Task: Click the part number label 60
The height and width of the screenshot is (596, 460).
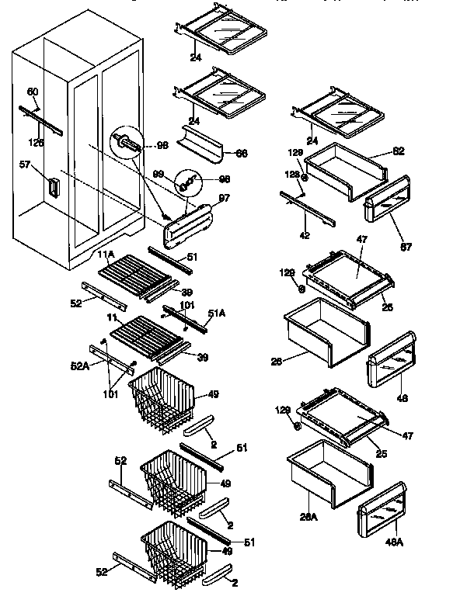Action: point(33,92)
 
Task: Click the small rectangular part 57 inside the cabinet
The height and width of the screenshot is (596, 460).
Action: point(54,186)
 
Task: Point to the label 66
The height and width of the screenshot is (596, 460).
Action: point(242,153)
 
